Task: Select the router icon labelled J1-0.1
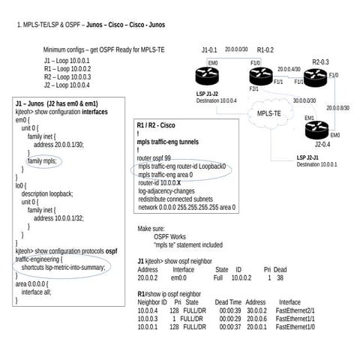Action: tap(208, 76)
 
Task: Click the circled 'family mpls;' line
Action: tap(45, 161)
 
